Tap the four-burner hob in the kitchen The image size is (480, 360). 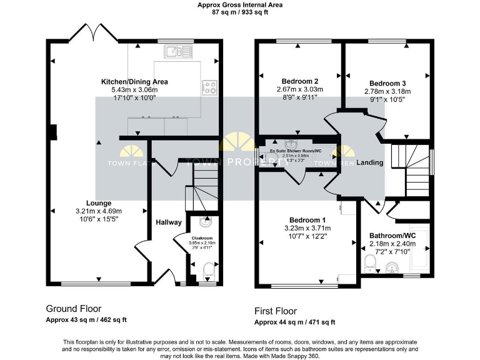(x=209, y=88)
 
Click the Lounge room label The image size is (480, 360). (x=99, y=203)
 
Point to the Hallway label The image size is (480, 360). (x=169, y=222)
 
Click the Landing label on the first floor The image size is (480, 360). (x=370, y=162)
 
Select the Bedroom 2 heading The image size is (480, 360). (x=300, y=81)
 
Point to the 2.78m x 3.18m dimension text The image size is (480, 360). (x=387, y=91)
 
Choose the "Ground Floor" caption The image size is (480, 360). (x=73, y=309)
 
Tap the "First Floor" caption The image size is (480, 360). (x=276, y=311)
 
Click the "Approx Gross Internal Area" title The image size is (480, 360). (x=240, y=4)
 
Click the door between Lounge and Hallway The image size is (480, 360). (x=141, y=246)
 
